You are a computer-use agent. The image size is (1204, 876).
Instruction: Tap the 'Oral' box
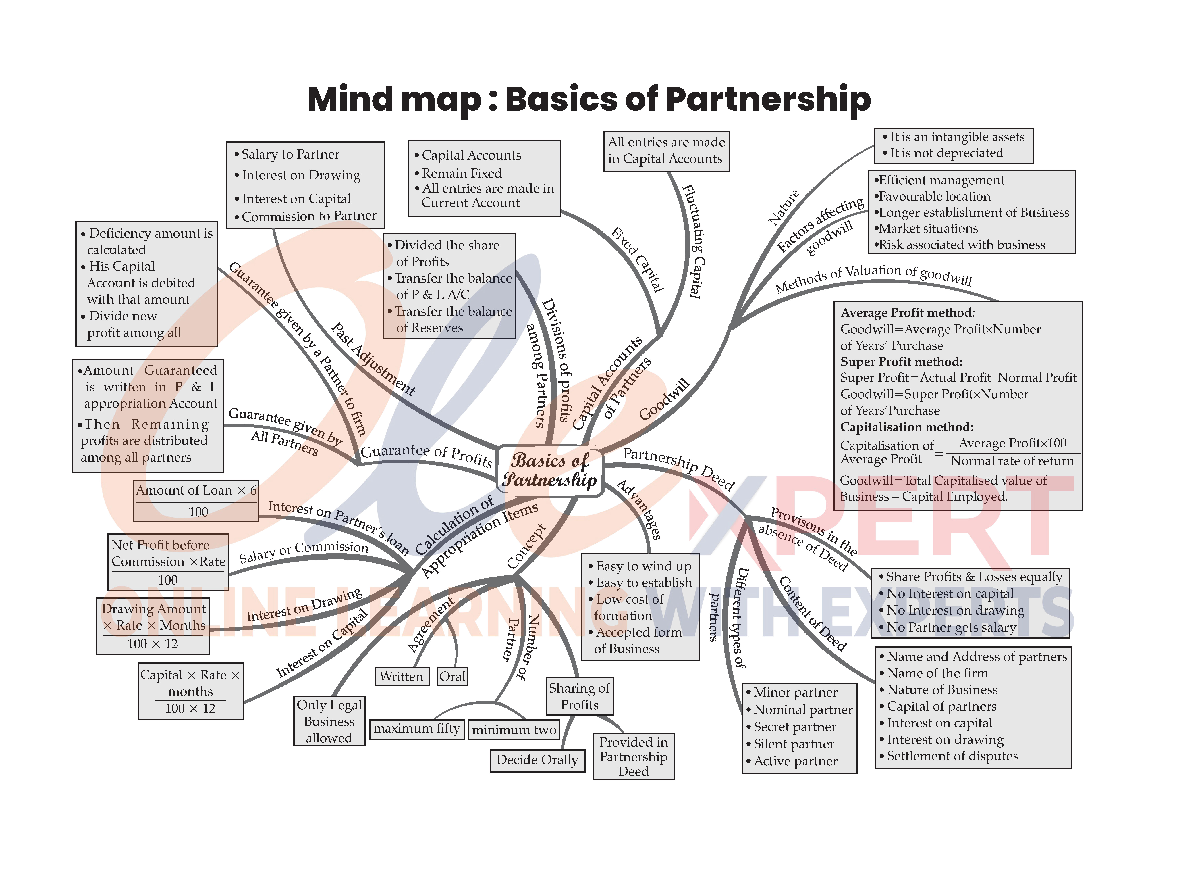tap(452, 676)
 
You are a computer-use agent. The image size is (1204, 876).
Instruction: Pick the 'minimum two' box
tap(514, 729)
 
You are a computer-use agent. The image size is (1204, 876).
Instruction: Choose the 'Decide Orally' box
tap(537, 760)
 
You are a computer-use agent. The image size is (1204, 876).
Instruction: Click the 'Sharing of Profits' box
tap(579, 696)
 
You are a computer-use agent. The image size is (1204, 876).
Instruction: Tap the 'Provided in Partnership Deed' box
tap(633, 756)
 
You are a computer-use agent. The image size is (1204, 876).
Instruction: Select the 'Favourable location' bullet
tap(934, 197)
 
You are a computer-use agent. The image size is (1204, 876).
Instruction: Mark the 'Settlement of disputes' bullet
tap(952, 756)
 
